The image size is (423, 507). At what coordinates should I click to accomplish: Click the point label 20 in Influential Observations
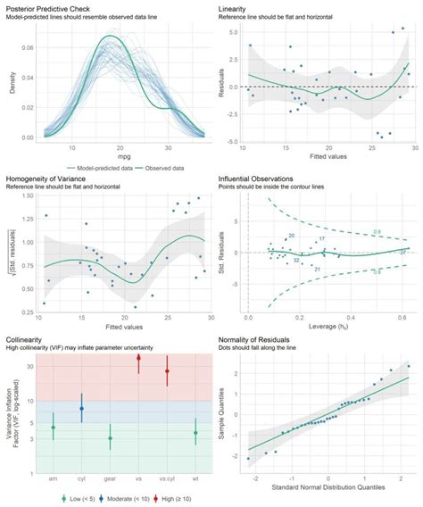291,236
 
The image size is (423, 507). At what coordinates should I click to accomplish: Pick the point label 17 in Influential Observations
321,239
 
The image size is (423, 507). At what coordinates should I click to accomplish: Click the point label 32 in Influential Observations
295,261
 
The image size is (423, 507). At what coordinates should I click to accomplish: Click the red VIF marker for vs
138,358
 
